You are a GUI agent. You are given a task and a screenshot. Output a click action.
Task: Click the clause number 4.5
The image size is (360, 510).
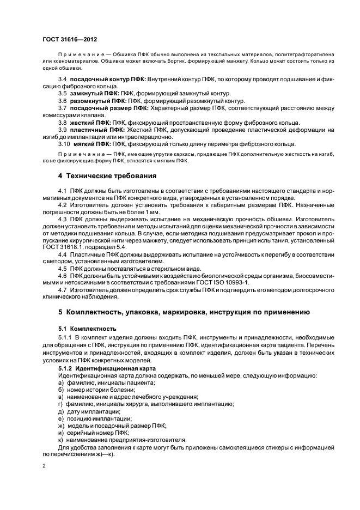click(63, 269)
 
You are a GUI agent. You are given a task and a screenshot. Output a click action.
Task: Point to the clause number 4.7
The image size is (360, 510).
click(63, 290)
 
